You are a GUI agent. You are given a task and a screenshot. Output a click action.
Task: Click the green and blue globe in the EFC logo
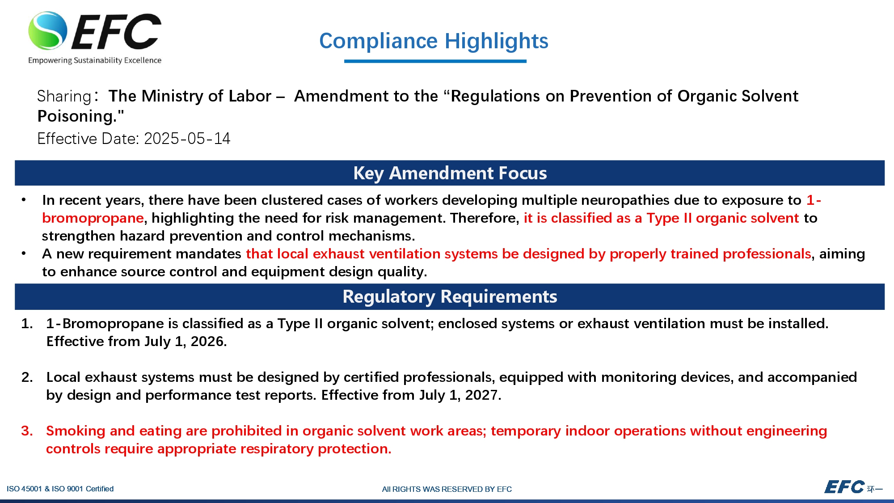pos(48,30)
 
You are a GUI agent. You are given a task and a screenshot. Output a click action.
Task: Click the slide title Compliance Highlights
pos(434,41)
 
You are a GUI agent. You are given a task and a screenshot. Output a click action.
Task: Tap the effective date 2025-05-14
pos(187,139)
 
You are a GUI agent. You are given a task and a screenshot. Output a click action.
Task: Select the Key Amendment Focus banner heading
pos(450,173)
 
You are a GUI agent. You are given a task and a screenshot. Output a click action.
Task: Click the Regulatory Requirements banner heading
pos(450,296)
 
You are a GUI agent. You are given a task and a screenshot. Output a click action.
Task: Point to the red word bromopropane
pos(93,218)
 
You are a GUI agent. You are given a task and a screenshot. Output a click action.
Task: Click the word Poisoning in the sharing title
pos(77,116)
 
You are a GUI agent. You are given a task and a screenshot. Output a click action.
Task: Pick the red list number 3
pos(27,431)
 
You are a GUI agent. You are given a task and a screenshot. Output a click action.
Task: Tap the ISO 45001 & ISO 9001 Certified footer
pos(60,489)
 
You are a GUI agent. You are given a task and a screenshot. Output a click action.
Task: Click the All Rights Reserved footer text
pos(447,489)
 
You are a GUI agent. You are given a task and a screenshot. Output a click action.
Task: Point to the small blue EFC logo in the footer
pos(844,487)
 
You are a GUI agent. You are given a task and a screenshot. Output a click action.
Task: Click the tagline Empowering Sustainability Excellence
pos(95,60)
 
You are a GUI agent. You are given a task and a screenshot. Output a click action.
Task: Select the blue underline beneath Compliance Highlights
pos(435,61)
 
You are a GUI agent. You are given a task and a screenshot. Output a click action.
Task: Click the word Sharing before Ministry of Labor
pos(64,96)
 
